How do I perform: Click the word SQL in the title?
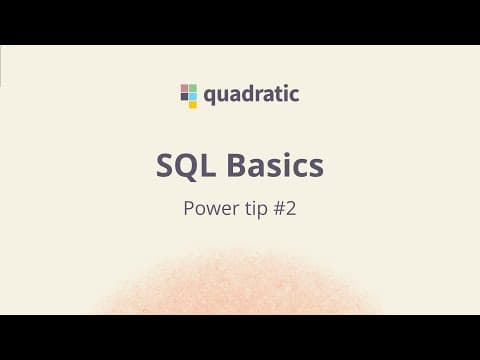click(185, 166)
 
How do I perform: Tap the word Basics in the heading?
click(275, 165)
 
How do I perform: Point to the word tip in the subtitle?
click(256, 209)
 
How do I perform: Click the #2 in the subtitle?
click(285, 208)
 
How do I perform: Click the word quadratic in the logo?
click(251, 95)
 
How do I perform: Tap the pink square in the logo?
click(184, 88)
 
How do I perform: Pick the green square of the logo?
click(193, 88)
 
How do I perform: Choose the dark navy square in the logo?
click(184, 96)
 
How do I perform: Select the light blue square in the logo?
click(193, 96)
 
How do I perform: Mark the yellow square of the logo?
click(193, 105)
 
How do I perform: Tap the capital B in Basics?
click(236, 165)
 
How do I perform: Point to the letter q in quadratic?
click(209, 97)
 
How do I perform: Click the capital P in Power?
click(189, 208)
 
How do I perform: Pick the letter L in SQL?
click(208, 165)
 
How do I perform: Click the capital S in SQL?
click(165, 165)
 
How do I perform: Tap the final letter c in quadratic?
click(294, 96)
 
